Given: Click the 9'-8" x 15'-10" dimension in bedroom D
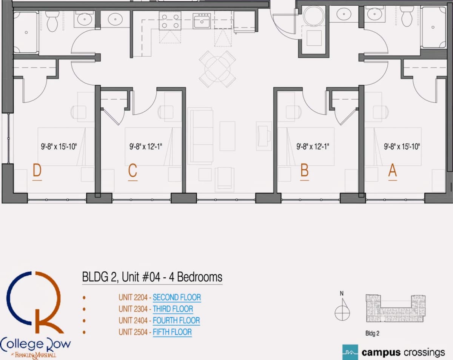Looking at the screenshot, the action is pos(59,146).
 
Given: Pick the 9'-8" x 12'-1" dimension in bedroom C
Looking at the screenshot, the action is pos(146,146).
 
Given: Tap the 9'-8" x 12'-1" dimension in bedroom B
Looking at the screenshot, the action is pos(313,146).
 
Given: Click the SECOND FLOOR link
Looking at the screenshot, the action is pos(177,297).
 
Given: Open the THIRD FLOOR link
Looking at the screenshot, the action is pos(173,309).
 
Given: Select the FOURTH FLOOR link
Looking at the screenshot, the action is pos(176,320).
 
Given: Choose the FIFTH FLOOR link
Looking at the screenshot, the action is pos(172,332).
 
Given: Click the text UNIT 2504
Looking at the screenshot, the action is pos(133,332).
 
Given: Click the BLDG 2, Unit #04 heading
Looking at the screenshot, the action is pos(152,277).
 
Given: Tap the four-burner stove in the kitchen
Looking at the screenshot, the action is pos(170,21).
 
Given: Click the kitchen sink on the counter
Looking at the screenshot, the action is pos(202,21).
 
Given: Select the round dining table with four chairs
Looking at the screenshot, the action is pos(217,69).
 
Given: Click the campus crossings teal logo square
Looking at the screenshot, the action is pos(350,352).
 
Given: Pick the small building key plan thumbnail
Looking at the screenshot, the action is pos(396,308).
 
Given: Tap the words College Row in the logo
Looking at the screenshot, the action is pos(35,345).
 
